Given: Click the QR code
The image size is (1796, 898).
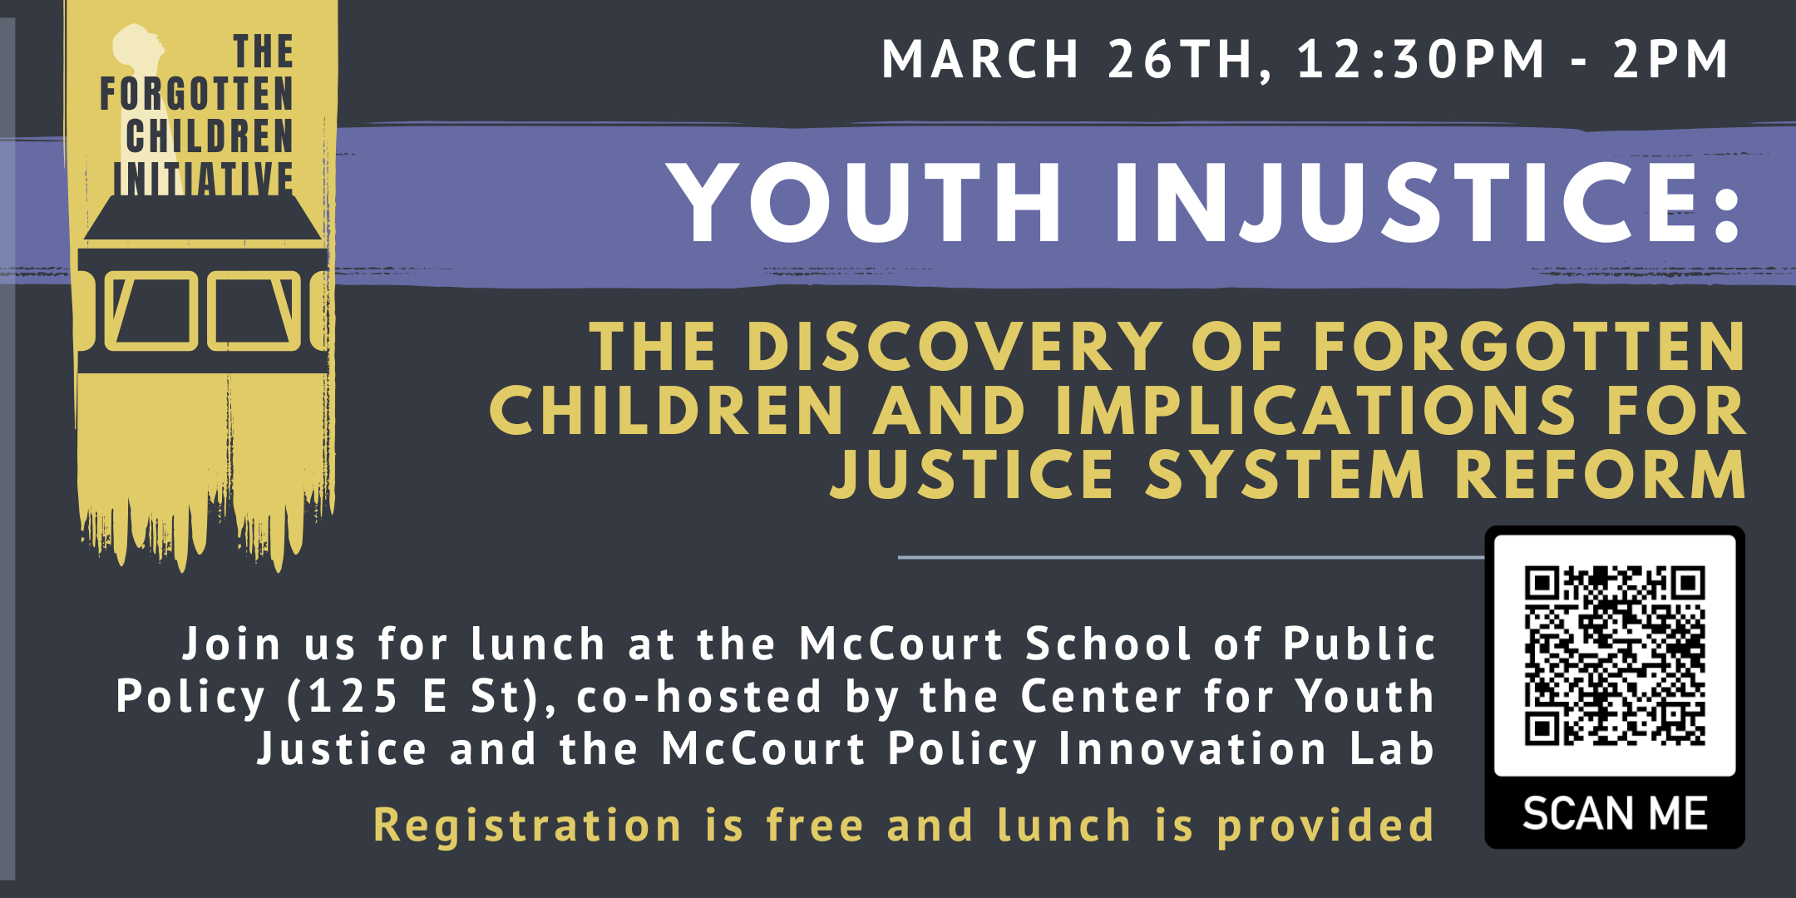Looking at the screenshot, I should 1615,655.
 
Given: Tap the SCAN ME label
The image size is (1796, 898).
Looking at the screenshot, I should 1615,812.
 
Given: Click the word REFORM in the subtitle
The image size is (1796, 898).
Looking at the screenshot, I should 1601,475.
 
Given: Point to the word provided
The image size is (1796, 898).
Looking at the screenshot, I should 1325,825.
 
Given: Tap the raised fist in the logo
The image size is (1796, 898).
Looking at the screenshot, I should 136,50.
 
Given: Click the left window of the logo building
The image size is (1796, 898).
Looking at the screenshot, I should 151,311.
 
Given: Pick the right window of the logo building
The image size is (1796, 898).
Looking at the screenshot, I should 254,311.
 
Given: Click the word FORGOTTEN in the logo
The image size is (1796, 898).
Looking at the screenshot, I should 197,93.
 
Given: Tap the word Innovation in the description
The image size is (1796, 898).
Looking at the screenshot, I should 1192,748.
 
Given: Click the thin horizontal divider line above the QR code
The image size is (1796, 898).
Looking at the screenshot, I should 1189,557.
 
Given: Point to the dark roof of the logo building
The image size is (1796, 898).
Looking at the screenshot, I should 203,218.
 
